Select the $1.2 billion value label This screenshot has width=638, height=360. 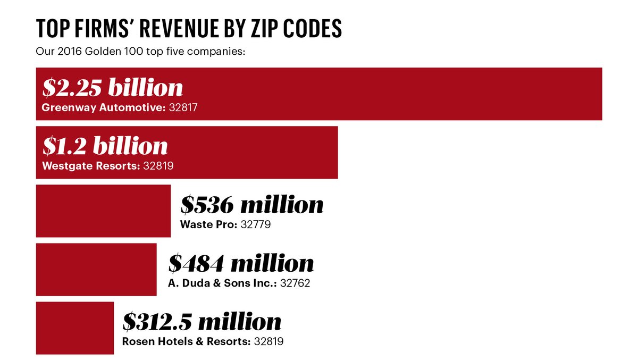[x=105, y=146]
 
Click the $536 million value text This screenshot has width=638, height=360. [x=252, y=205]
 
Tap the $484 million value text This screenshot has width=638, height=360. [x=241, y=263]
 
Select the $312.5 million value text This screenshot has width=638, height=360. [x=202, y=322]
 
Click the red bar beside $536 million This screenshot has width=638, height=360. [x=103, y=211]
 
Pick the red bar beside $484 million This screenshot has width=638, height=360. [x=96, y=270]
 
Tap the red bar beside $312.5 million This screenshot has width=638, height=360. [x=74, y=328]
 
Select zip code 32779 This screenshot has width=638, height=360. [x=256, y=224]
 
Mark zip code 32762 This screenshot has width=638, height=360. [x=295, y=283]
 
